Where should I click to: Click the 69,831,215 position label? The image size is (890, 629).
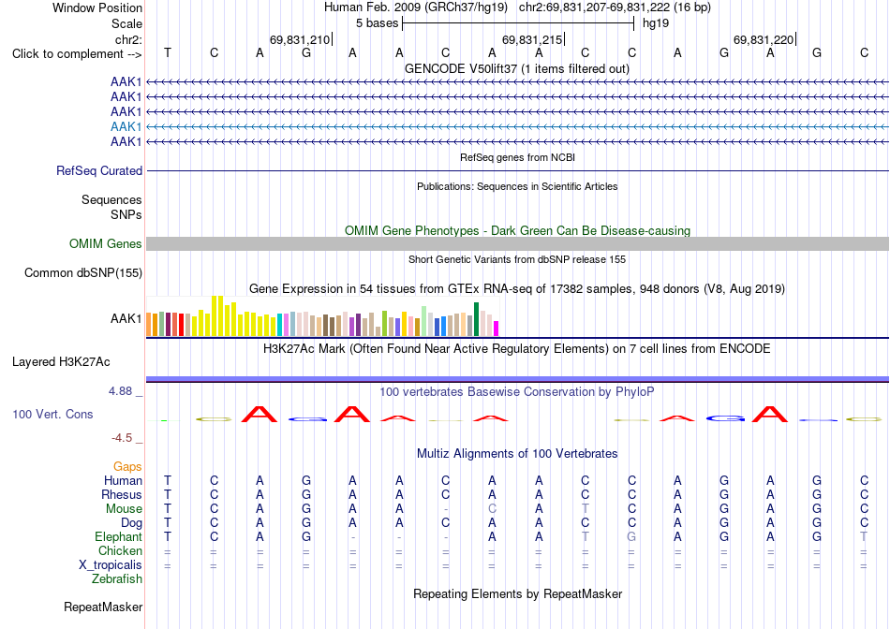pos(532,39)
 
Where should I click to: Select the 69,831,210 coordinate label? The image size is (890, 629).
pos(300,39)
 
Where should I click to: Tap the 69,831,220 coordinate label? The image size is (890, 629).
pos(764,39)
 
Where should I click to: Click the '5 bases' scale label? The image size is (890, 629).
pos(377,23)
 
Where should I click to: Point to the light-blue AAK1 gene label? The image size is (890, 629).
pos(126,126)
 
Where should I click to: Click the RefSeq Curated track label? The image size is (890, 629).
pos(99,170)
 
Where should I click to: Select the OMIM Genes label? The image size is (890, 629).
pos(106,244)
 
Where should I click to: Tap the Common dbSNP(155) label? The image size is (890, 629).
pos(83,272)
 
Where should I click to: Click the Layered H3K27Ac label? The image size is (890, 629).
pos(61,362)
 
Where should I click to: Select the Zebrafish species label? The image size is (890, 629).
pos(117,579)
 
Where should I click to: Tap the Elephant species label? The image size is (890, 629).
pos(119,536)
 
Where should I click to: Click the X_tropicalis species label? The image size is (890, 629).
pos(111,565)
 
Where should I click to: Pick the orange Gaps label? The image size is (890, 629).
pos(127,466)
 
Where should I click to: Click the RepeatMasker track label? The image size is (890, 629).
pos(103,607)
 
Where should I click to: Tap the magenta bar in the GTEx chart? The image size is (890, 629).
pos(497,329)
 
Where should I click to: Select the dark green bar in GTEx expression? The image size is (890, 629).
pos(476,319)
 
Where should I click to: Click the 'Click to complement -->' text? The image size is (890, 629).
pos(77,54)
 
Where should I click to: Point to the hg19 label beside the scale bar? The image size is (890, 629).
pos(656,23)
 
